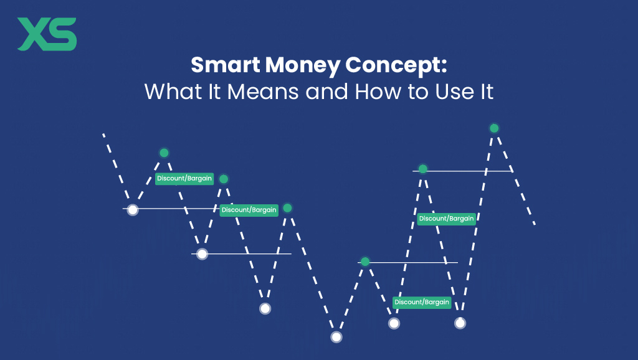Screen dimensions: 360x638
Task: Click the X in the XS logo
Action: click(x=33, y=35)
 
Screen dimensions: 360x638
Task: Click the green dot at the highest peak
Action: click(x=494, y=128)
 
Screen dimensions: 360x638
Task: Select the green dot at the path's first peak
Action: click(x=164, y=153)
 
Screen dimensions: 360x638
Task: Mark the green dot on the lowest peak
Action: click(x=365, y=262)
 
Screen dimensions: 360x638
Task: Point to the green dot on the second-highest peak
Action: click(x=422, y=169)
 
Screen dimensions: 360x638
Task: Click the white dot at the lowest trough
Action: click(x=336, y=337)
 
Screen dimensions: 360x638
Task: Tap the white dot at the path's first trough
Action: click(x=132, y=210)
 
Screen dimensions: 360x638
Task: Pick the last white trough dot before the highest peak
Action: click(x=460, y=323)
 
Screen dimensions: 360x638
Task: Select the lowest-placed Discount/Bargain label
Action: click(x=422, y=302)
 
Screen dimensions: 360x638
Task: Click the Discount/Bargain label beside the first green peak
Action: click(x=184, y=179)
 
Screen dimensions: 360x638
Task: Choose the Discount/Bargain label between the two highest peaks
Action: click(x=447, y=219)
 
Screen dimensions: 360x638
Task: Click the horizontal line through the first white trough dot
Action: click(x=181, y=209)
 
